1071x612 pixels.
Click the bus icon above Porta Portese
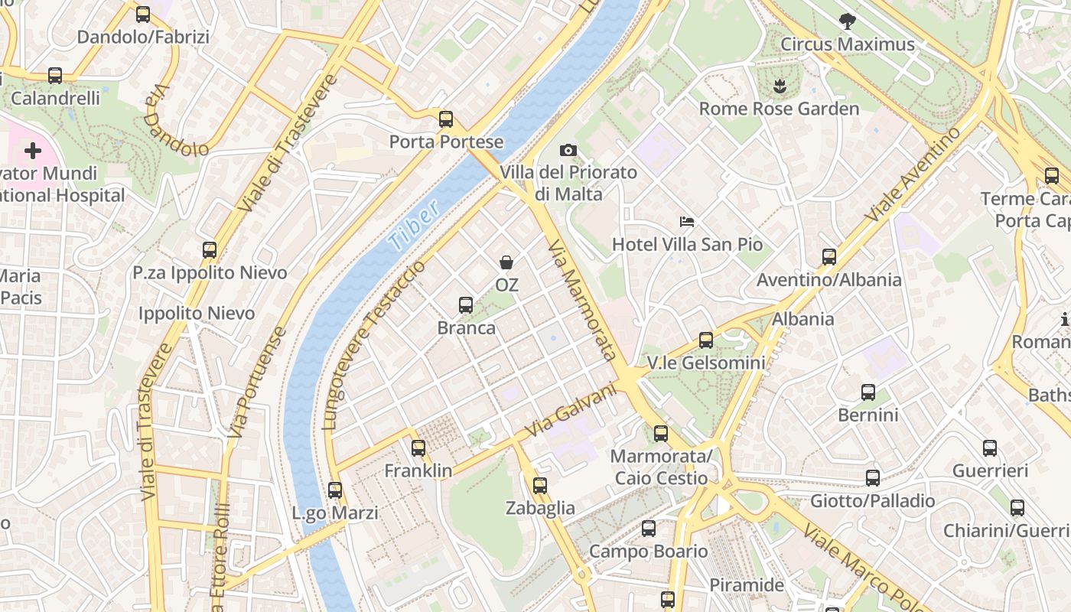pyautogui.click(x=446, y=119)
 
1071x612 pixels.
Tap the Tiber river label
pyautogui.click(x=414, y=226)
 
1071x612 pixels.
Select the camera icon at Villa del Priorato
pyautogui.click(x=568, y=150)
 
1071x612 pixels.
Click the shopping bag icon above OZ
pyautogui.click(x=506, y=262)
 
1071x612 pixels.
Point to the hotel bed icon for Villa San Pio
pyautogui.click(x=687, y=222)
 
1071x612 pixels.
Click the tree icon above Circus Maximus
pyautogui.click(x=847, y=21)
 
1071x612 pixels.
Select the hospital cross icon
pyautogui.click(x=33, y=151)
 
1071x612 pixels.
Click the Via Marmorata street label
pyautogui.click(x=583, y=300)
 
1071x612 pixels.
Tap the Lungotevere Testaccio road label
pyautogui.click(x=374, y=344)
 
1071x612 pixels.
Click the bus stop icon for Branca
pyautogui.click(x=465, y=305)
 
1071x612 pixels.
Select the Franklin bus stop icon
pyautogui.click(x=418, y=448)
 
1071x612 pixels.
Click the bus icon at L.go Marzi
pyautogui.click(x=334, y=490)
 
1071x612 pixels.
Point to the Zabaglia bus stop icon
pyautogui.click(x=540, y=485)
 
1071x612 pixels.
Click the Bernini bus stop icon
pyautogui.click(x=868, y=392)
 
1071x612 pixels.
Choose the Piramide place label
pyautogui.click(x=747, y=585)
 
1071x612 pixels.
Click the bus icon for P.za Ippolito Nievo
pyautogui.click(x=210, y=249)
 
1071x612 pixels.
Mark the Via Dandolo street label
pyautogui.click(x=175, y=120)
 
